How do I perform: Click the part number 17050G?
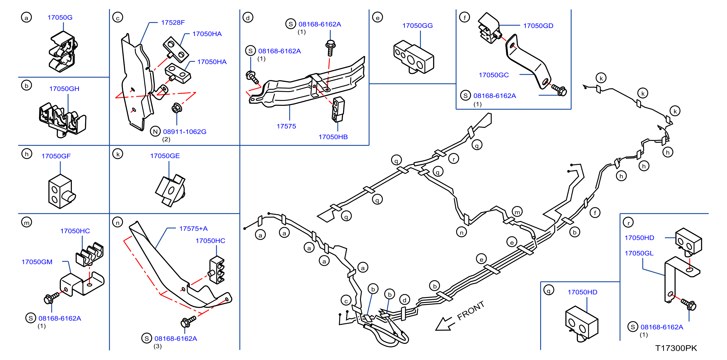point(60,17)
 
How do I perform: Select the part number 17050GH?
point(64,89)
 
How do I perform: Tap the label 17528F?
point(173,23)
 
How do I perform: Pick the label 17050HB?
point(333,137)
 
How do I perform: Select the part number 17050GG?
point(418,26)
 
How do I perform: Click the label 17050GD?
point(538,26)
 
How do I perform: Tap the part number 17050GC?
point(493,75)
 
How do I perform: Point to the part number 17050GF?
point(56,156)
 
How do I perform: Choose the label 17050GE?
point(165,156)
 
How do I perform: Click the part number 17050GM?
point(37,262)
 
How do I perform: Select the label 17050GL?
point(639,253)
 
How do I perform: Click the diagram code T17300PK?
point(676,348)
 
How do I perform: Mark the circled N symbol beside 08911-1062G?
point(155,131)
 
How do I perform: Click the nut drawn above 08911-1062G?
point(177,108)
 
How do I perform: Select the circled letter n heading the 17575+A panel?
point(117,223)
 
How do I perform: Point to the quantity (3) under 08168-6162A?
point(158,346)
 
